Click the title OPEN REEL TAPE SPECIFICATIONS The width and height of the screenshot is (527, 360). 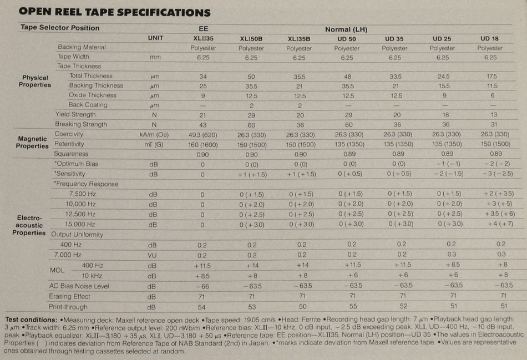[x=115, y=12]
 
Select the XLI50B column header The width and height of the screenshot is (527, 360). [x=251, y=38]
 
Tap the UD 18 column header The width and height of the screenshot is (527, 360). [x=490, y=38]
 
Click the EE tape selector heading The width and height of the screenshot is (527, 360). [x=204, y=28]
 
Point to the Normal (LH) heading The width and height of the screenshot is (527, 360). [x=347, y=29]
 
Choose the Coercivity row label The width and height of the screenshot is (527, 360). [x=69, y=134]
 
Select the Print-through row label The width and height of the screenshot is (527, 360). [x=68, y=306]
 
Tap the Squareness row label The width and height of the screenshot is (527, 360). [x=71, y=154]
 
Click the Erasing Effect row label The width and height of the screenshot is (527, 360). [x=70, y=296]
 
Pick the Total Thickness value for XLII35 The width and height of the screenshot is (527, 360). [x=204, y=76]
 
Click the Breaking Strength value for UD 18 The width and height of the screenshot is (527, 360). [x=490, y=124]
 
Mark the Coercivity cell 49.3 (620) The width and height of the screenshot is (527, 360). [x=204, y=134]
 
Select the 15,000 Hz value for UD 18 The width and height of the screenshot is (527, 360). [x=490, y=224]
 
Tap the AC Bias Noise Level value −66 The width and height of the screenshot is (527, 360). [x=204, y=286]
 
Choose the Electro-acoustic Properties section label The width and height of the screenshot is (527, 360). [x=29, y=226]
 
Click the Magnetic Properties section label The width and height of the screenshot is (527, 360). [x=33, y=142]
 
